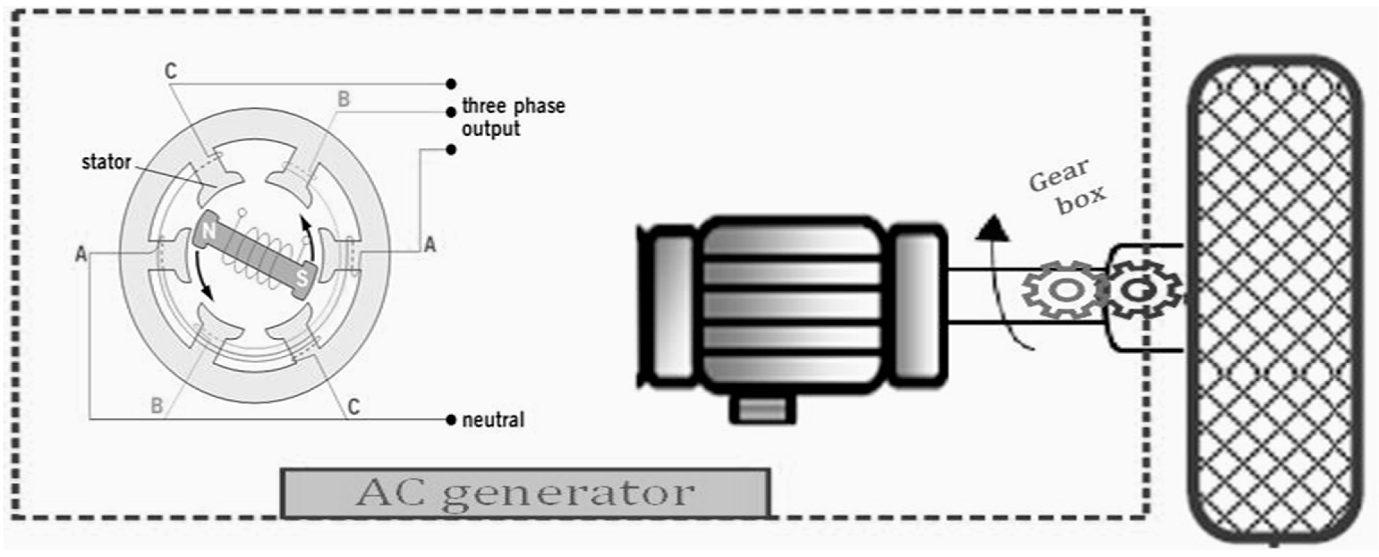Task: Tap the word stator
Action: point(106,162)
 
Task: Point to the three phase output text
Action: point(513,117)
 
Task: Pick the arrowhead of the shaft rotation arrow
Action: point(993,228)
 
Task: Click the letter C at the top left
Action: point(171,71)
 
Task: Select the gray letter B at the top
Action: point(344,99)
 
